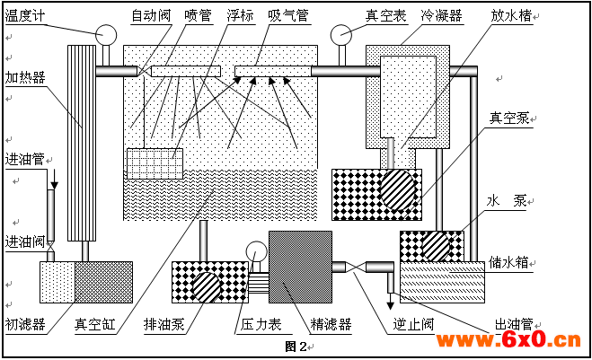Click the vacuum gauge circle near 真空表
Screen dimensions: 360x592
point(341,35)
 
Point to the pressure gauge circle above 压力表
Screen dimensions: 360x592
point(256,253)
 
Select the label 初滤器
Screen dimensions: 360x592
point(25,323)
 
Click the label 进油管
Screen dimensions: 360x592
point(24,159)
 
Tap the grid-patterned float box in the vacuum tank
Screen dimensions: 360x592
point(155,162)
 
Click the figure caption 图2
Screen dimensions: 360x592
point(296,346)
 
